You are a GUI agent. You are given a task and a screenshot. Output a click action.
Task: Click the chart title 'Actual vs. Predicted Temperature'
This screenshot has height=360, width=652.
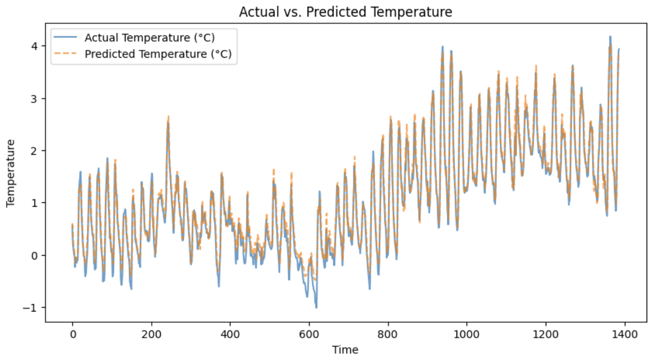click(x=345, y=12)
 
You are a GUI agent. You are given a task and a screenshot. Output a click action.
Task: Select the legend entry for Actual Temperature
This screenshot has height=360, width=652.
click(x=149, y=37)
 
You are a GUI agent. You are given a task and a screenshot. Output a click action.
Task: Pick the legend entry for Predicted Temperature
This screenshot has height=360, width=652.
click(x=158, y=54)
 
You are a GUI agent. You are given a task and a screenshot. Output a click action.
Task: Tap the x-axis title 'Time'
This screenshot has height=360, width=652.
click(x=345, y=349)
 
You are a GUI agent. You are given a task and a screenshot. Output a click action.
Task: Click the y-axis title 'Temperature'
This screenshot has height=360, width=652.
click(x=10, y=173)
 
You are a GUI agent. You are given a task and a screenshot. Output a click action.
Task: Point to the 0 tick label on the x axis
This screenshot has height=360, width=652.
click(x=72, y=334)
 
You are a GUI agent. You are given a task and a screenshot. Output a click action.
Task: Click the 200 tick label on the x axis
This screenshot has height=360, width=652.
click(x=151, y=334)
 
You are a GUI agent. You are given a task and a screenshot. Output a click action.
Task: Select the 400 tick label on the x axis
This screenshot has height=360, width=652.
click(x=230, y=334)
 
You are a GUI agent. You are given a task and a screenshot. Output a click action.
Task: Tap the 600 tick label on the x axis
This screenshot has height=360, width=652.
click(x=309, y=334)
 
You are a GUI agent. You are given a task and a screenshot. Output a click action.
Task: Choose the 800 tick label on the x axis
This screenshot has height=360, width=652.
click(x=388, y=334)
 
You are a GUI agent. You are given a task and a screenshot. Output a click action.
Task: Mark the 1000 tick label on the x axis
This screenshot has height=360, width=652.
click(x=467, y=334)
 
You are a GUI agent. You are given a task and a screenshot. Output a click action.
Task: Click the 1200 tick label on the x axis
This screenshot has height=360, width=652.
click(x=545, y=334)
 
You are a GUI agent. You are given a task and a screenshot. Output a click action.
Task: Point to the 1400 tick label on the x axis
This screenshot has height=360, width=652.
click(x=624, y=334)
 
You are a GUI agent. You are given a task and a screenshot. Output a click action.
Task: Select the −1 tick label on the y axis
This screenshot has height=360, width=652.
click(x=33, y=308)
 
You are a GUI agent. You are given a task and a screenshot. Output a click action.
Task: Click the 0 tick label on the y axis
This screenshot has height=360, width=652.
click(x=35, y=255)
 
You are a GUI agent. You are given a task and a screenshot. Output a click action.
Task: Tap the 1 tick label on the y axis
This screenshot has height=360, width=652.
click(x=35, y=203)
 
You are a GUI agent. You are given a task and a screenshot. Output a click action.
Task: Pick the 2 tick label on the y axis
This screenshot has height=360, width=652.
click(x=35, y=150)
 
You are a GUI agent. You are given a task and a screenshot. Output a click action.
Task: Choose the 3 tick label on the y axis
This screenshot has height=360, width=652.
click(x=35, y=98)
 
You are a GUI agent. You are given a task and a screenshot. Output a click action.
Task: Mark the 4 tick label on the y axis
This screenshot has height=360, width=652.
click(x=35, y=46)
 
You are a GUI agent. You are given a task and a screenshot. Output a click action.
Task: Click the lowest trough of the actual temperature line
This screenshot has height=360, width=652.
click(x=316, y=308)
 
